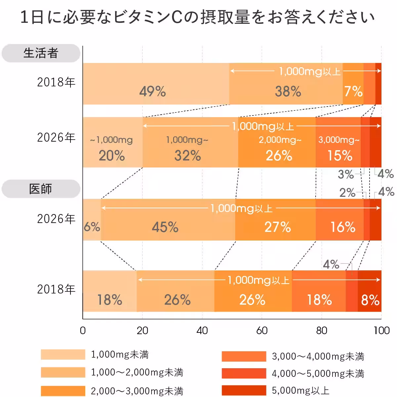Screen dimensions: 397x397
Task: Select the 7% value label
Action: (353, 91)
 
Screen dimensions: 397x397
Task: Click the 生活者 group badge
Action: (41, 53)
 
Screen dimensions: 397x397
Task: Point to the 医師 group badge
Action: (41, 189)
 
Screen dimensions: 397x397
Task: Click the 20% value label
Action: (112, 155)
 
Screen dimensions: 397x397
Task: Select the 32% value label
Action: (188, 155)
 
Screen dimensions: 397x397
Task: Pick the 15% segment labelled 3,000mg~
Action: (338, 142)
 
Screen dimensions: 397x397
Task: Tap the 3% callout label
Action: (346, 174)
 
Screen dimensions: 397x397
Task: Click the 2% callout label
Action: (347, 193)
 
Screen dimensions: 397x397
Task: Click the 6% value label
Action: (92, 227)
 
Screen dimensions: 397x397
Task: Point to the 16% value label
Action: (343, 227)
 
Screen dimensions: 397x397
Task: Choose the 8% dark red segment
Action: (370, 291)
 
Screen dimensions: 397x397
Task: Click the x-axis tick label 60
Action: (262, 331)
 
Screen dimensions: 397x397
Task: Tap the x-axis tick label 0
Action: (83, 331)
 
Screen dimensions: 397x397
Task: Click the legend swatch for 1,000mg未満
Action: (63, 354)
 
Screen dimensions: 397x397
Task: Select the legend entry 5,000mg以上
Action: (300, 391)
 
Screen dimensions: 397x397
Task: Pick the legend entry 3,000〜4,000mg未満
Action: (318, 356)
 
